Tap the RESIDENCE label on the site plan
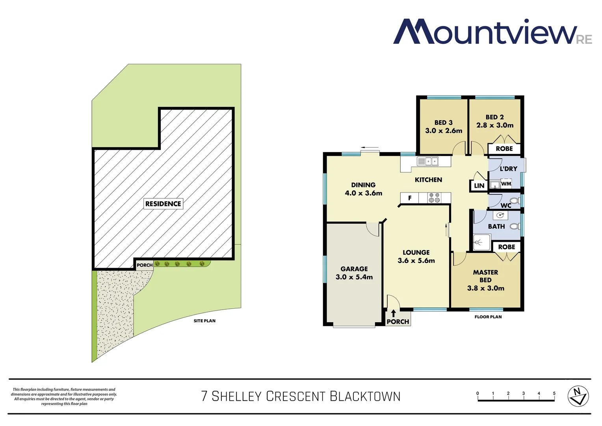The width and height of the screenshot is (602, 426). tap(163, 204)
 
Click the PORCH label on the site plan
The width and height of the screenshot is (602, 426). tap(145, 265)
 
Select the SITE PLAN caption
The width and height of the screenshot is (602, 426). tap(204, 321)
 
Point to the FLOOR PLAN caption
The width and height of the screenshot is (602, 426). tap(488, 317)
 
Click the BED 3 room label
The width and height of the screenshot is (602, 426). tap(444, 123)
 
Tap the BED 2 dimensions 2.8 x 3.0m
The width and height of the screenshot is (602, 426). tap(495, 125)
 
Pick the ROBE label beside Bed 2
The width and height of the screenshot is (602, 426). tap(504, 149)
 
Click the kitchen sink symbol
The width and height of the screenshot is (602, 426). tap(427, 161)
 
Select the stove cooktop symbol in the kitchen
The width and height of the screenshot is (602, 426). tap(435, 198)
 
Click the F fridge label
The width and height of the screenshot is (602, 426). tap(410, 198)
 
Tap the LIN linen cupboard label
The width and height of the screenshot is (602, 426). tap(479, 186)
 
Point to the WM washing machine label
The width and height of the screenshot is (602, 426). tap(506, 184)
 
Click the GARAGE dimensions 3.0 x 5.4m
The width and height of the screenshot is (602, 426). tap(354, 277)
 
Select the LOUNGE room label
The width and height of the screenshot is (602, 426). tap(416, 252)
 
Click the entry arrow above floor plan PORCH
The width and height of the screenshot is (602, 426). tap(393, 314)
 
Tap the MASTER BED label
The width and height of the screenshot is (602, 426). tap(485, 276)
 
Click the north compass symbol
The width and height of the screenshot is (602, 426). tap(578, 396)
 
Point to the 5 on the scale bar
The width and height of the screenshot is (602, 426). tap(554, 393)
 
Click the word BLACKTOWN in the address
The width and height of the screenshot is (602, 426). tap(365, 396)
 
